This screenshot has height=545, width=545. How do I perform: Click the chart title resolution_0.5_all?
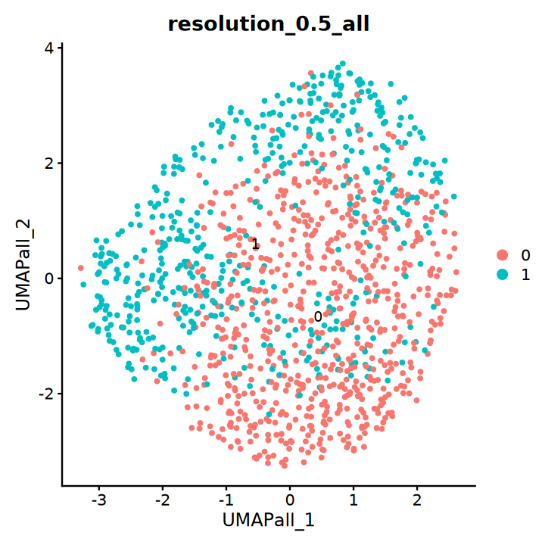pos(268,24)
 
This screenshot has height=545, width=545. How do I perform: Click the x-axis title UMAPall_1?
pos(268,521)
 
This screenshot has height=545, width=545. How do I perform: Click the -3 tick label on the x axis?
pos(98,500)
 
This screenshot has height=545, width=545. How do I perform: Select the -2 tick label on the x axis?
pos(161,500)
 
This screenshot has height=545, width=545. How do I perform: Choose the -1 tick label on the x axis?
pos(225,500)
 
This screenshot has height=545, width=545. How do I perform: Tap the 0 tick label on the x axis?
pos(289,500)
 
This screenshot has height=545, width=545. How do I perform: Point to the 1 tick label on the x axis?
pos(353,500)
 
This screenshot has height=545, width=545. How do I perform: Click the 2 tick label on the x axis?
pos(416,500)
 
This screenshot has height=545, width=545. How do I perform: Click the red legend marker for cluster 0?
pos(503,255)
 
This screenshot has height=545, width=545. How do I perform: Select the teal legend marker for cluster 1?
pos(503,275)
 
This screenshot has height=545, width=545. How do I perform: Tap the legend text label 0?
pos(525,255)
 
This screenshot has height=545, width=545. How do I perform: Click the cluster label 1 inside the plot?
pos(255,244)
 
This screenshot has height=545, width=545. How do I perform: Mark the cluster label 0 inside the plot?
pos(318,316)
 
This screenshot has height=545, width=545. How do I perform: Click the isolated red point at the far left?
pos(81,268)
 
